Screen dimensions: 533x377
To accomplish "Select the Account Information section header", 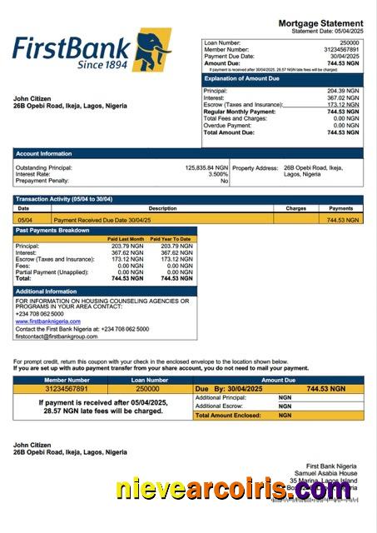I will (43, 153).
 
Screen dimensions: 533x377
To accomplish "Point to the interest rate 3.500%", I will (218, 174).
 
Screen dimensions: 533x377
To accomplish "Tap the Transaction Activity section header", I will (64, 200).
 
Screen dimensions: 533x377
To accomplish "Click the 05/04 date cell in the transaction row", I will (25, 220).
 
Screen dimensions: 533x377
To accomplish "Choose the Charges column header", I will (296, 208).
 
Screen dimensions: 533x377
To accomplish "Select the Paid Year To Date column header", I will (176, 239).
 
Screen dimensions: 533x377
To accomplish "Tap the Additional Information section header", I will (47, 291).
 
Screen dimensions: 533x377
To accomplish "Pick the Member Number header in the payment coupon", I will (55, 380).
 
